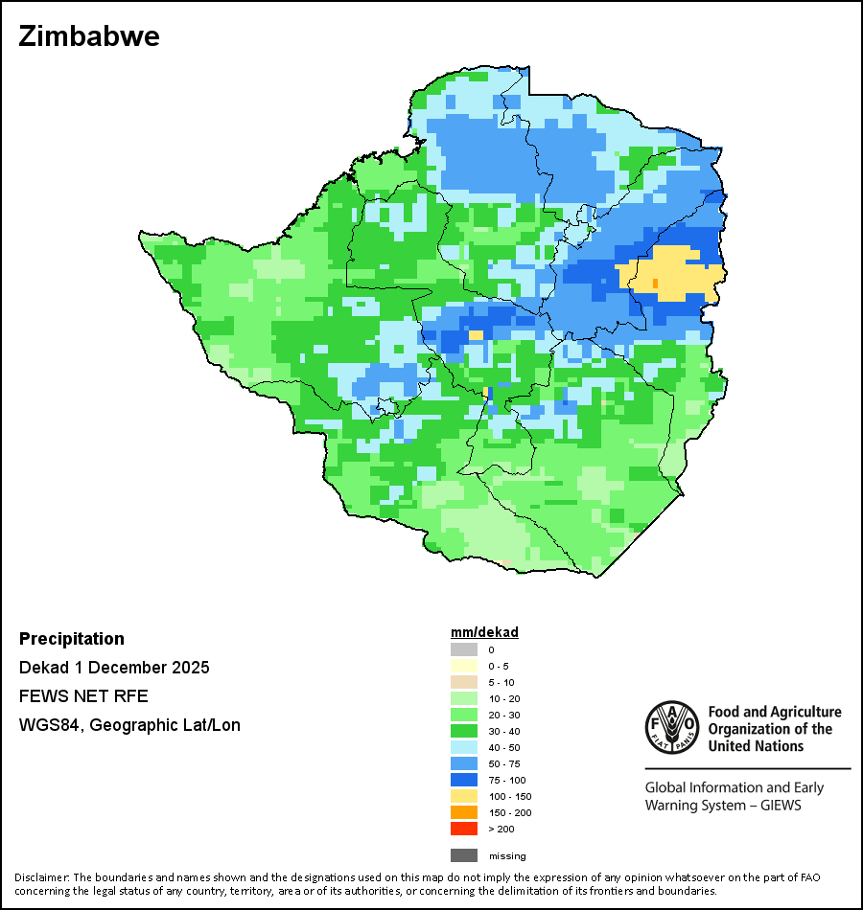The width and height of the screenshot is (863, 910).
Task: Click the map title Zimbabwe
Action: point(89,37)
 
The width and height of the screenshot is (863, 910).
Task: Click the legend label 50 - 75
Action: point(504,763)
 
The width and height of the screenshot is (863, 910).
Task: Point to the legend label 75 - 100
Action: point(507,780)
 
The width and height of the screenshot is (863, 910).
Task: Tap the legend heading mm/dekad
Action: point(484,632)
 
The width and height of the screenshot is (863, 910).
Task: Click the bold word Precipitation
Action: point(72,639)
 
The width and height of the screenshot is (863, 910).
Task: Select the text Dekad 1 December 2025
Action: point(114,668)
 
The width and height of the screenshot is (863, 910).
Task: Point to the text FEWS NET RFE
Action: point(83,696)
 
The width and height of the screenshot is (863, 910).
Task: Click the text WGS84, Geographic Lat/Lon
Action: point(129,725)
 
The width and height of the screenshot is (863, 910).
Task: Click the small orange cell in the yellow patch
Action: point(655,284)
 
